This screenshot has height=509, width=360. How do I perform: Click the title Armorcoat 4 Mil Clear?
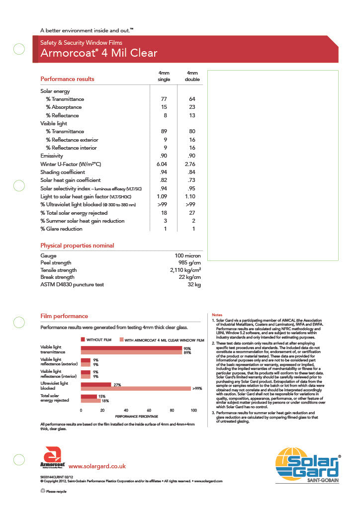pos(98,53)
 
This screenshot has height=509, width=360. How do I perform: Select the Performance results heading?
pos(67,79)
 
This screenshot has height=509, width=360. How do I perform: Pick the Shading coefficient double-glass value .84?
pos(191,172)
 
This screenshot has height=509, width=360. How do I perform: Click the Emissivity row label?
pos(51,156)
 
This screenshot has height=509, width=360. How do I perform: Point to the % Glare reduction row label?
pos(61,229)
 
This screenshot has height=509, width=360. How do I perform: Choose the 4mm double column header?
pos(192,76)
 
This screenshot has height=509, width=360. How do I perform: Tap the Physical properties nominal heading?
pos(77,246)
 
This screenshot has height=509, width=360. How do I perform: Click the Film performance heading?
pos(64,316)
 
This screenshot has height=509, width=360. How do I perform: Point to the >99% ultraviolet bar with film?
pos(136,388)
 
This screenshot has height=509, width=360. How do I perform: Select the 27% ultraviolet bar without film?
pos(96,384)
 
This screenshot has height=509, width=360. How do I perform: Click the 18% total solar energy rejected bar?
pos(91,401)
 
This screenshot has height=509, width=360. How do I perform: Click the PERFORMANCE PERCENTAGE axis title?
pos(136,416)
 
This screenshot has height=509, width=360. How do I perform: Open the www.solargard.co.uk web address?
pos(97,466)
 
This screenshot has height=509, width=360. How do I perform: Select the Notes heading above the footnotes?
pos(217,315)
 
